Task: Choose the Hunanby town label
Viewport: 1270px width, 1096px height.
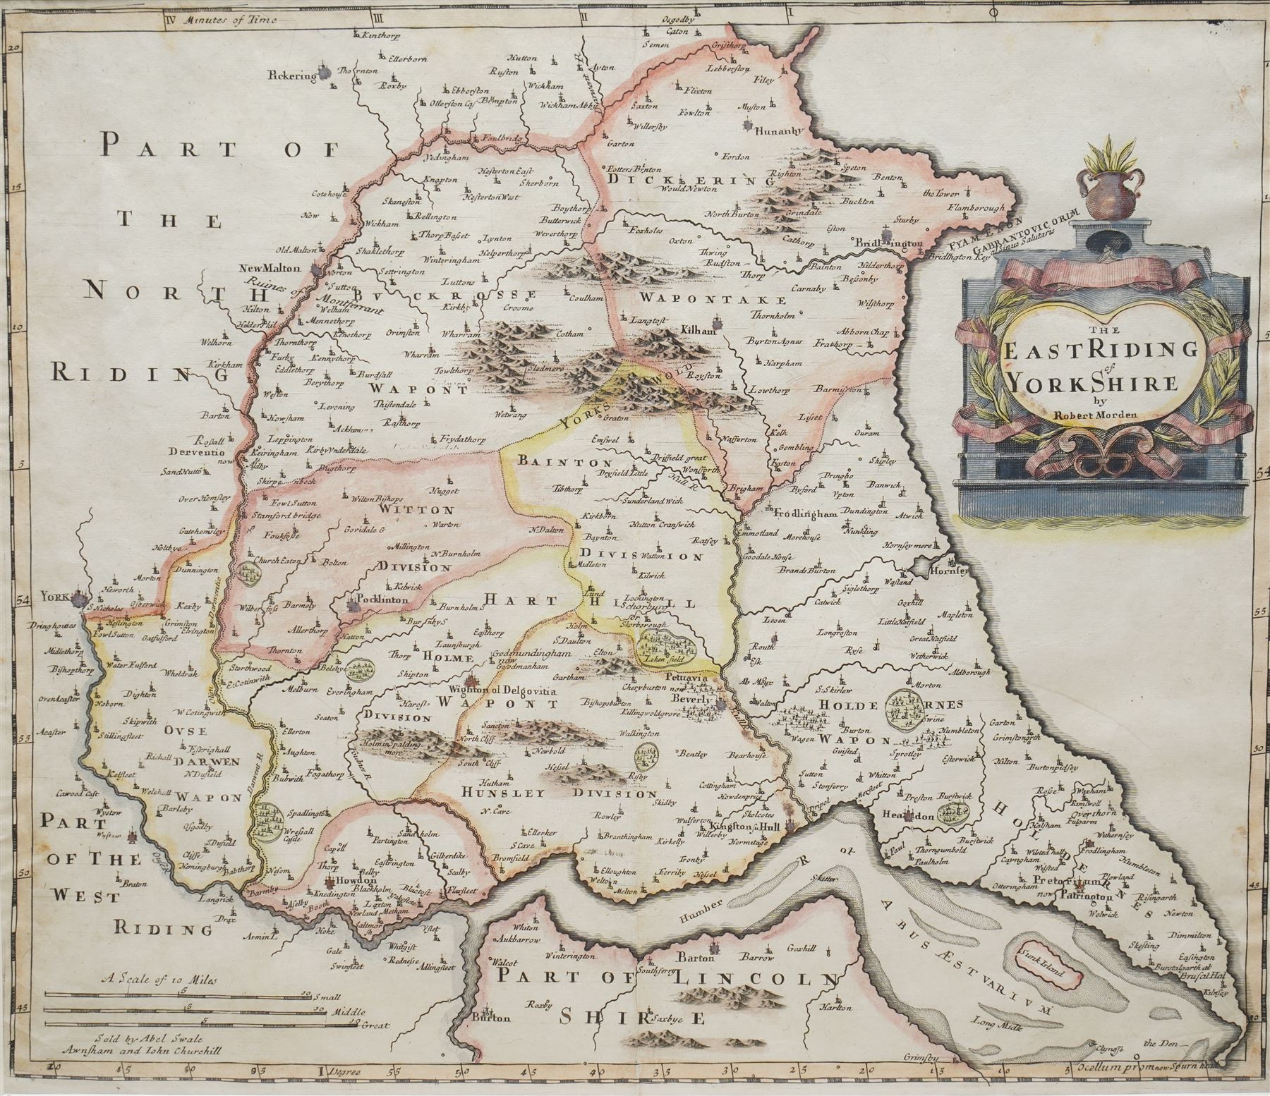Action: (x=778, y=130)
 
